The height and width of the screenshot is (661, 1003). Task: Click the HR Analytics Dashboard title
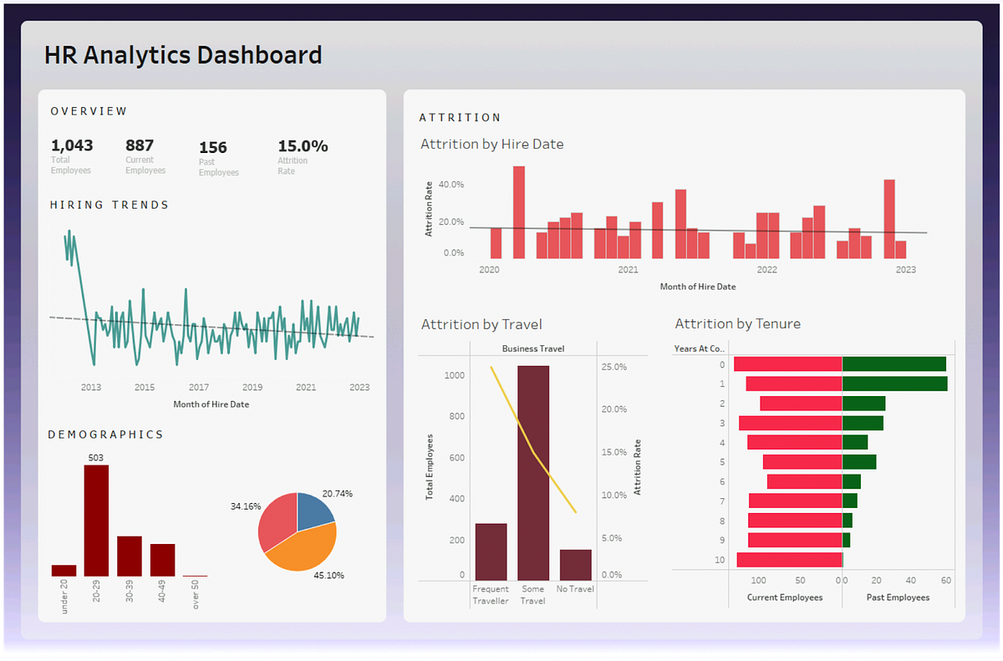coord(182,55)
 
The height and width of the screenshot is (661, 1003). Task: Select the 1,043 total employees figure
coord(72,145)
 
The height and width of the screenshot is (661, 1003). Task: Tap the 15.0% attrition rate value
coord(303,146)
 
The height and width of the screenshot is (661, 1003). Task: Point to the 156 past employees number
coord(213,148)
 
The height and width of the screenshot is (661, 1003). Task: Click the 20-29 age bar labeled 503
coord(96,520)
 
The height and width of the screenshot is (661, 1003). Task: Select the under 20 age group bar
coord(64,571)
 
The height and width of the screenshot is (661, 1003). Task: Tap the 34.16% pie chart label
coord(246,506)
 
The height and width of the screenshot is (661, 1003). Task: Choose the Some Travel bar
coord(533,473)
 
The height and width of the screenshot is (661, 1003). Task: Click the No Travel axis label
coord(576,589)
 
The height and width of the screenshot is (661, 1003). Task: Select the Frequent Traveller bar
coord(491,552)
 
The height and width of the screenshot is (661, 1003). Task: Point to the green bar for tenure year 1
coord(894,384)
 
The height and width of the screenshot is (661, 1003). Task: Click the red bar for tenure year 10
coord(788,560)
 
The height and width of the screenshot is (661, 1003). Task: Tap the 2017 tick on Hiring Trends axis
coord(198,388)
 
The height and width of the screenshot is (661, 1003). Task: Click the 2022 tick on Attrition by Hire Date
coord(766,270)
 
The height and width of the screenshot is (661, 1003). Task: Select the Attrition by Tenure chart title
coord(737,324)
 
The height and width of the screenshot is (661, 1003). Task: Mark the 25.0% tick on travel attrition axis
coord(614,366)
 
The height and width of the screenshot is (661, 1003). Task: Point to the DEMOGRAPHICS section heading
coord(105,435)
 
